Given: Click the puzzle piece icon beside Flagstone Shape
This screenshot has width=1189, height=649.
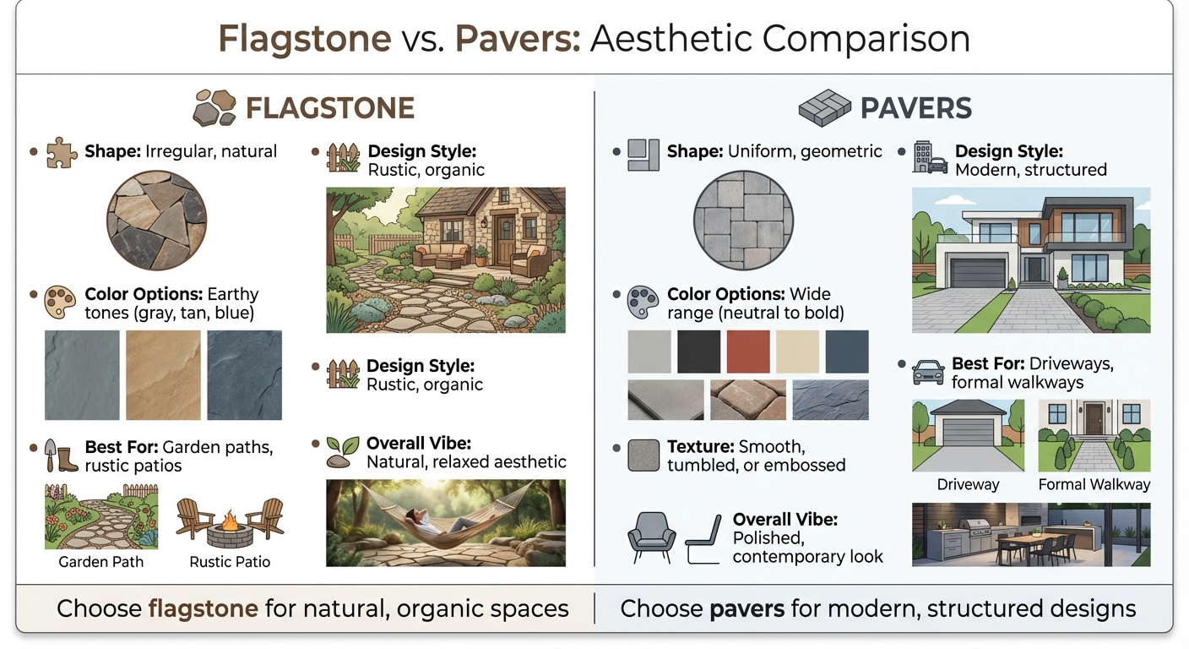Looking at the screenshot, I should [62, 153].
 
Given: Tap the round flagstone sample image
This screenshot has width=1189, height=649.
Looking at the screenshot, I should [156, 222].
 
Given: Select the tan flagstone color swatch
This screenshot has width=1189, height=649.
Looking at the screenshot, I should [163, 374].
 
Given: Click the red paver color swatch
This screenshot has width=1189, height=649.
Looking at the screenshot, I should [748, 352].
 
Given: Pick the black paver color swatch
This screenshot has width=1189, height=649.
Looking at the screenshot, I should [698, 352].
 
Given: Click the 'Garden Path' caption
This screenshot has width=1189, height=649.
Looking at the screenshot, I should [100, 562].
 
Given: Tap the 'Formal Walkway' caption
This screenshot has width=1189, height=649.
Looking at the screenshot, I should [1094, 485].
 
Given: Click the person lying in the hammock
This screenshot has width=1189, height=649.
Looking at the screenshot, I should [439, 517].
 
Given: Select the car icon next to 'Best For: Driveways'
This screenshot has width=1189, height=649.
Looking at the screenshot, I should [928, 371].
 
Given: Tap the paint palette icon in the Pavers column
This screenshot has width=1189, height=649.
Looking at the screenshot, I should [643, 302].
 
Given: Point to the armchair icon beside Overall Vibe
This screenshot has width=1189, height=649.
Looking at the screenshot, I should [652, 536].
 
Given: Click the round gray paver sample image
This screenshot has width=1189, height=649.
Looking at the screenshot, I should [743, 222].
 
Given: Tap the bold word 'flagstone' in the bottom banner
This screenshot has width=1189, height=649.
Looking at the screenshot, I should [203, 608].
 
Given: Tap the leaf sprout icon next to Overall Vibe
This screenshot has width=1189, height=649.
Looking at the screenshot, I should [342, 451].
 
